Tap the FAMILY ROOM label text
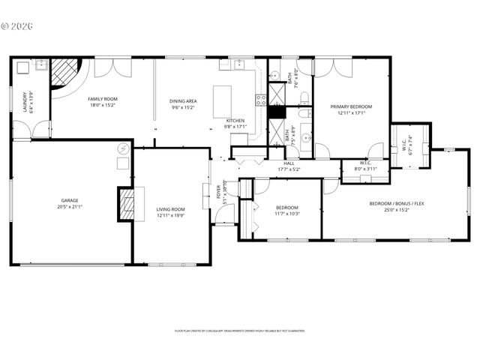(103, 99)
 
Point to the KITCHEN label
(235, 120)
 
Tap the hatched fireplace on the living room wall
(126, 202)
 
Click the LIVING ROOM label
(170, 209)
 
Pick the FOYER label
(219, 190)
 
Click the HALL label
(289, 163)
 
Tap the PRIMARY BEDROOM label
(351, 107)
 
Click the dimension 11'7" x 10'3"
(287, 214)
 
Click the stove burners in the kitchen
(260, 100)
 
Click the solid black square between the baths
(277, 112)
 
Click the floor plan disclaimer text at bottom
(240, 330)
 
